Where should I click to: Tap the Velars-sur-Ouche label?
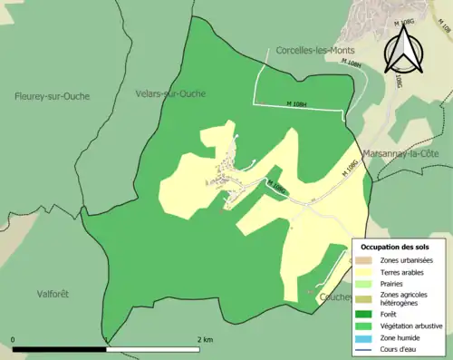point(169,93)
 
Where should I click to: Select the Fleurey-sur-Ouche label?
point(52,96)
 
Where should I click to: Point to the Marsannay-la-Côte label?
point(400,154)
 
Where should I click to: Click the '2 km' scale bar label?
point(205,340)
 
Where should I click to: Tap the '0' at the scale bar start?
point(14,340)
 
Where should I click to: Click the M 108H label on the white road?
point(296,102)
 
